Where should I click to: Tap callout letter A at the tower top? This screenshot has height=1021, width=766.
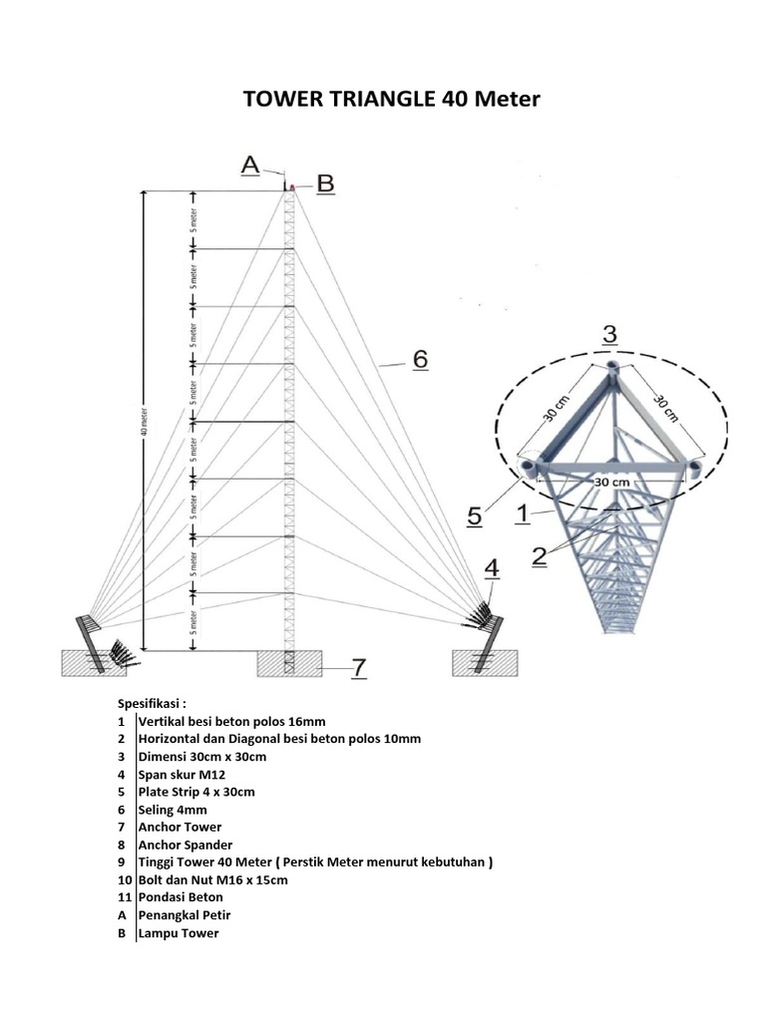click(x=250, y=166)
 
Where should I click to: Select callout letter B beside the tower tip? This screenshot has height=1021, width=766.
click(x=325, y=183)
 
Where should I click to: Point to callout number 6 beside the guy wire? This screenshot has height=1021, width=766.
click(x=420, y=359)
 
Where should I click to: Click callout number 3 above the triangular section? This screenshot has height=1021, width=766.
click(x=609, y=334)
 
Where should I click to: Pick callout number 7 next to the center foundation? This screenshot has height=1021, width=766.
click(x=358, y=667)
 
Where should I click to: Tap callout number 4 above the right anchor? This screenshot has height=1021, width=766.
click(x=492, y=568)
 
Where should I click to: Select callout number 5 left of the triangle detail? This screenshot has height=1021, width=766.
click(x=477, y=516)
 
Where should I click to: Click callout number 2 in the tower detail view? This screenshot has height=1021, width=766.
click(x=539, y=556)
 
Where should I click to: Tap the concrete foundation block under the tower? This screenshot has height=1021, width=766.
click(x=289, y=663)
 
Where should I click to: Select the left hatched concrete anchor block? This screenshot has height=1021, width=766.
click(x=90, y=663)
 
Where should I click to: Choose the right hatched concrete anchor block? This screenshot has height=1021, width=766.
click(x=484, y=663)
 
